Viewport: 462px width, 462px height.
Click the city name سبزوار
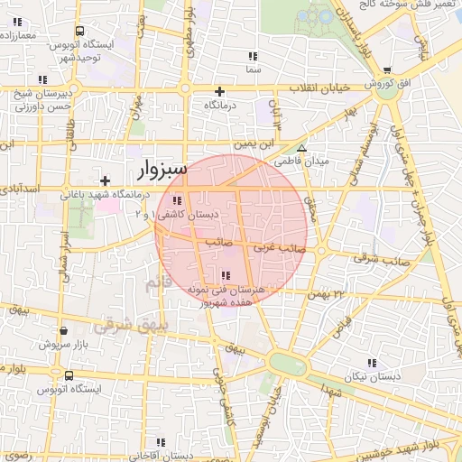click(162, 169)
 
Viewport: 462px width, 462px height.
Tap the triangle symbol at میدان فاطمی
click(302, 149)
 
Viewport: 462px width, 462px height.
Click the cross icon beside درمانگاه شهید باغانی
click(106, 180)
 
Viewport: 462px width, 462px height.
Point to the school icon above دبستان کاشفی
click(177, 200)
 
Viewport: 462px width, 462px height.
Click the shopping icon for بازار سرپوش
click(42, 344)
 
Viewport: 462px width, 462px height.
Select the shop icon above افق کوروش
click(387, 70)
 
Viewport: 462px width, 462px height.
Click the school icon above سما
click(253, 56)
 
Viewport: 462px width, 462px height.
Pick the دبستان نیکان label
click(370, 374)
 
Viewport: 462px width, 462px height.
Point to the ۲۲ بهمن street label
click(326, 294)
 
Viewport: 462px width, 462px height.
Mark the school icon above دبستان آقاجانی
click(160, 442)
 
